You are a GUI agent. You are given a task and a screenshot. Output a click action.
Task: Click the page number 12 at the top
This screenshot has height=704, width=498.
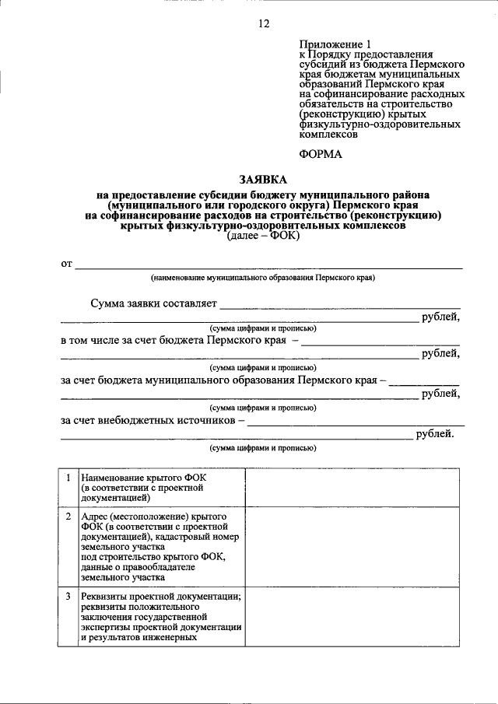coord(263,24)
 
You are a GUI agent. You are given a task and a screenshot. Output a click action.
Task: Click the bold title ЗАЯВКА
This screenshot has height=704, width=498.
coord(263,180)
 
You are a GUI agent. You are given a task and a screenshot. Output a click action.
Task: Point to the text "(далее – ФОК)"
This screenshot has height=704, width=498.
coord(263,239)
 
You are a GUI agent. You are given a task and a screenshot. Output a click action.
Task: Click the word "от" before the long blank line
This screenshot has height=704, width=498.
coord(66,264)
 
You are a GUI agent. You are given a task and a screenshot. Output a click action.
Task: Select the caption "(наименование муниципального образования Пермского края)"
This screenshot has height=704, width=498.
coord(263,278)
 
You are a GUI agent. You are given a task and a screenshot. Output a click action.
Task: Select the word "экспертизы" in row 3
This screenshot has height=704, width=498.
coord(106,627)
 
